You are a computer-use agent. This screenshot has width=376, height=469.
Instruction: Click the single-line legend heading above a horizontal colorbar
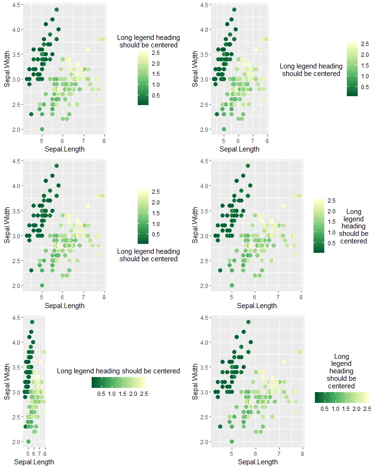pos(118,371)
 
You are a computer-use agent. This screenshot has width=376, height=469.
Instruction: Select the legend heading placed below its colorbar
pos(149,255)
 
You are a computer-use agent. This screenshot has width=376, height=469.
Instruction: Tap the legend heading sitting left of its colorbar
pos(311,70)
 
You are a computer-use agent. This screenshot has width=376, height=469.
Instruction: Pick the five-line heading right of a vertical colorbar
pos(353,227)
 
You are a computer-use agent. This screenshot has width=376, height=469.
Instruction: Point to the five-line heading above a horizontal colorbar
pos(342,371)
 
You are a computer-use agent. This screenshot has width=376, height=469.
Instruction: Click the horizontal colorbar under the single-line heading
pos(119,382)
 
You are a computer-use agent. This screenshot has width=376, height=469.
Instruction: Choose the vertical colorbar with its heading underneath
pos(143,217)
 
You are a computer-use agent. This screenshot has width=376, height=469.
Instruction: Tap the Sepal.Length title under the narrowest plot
pos(34,462)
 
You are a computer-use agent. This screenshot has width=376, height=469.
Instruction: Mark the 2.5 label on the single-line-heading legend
pos(143,394)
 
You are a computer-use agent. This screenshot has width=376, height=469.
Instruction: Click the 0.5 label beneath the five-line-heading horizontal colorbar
pos(324,409)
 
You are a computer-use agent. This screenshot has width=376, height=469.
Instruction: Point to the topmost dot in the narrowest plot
pos(32,322)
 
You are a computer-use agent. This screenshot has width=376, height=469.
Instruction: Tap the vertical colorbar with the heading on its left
pos(352,69)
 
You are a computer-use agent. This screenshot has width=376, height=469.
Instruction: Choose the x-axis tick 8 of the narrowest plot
pos(45,454)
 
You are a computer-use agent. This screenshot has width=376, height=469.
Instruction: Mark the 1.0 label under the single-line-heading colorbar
pos(111,394)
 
